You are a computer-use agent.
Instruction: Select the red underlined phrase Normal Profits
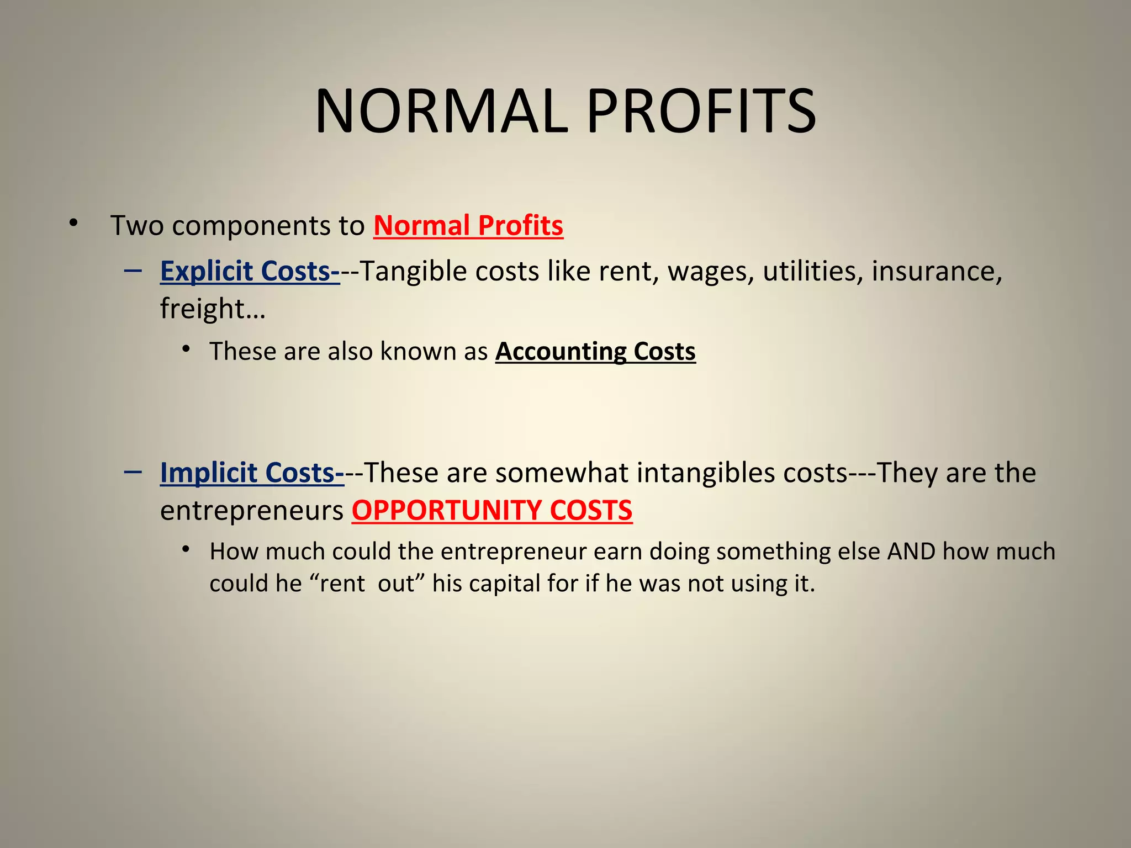click(x=468, y=225)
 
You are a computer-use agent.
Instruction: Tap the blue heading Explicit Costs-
click(x=250, y=271)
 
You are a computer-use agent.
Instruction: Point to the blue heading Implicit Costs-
click(x=252, y=473)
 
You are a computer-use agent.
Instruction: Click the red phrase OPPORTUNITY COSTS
click(x=492, y=510)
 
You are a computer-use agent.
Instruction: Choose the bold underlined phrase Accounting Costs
click(x=595, y=351)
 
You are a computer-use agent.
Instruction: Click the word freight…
click(x=213, y=308)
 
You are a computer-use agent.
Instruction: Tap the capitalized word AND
click(x=911, y=551)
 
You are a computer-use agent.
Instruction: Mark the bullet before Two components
click(x=73, y=224)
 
